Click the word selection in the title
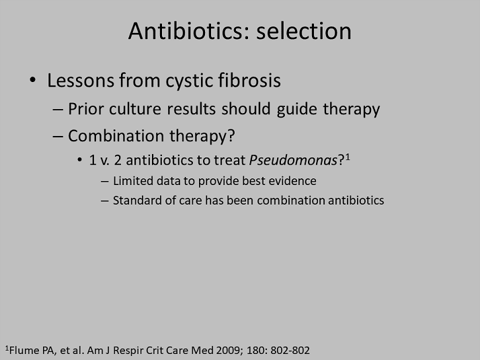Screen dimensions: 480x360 click(x=304, y=31)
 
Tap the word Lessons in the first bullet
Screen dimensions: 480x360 click(x=81, y=80)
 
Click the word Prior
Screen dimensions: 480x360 click(x=85, y=109)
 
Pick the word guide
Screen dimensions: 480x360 click(x=296, y=110)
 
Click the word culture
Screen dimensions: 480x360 click(x=135, y=109)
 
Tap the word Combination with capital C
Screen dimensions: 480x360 click(x=116, y=135)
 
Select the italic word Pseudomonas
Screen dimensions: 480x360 click(x=293, y=160)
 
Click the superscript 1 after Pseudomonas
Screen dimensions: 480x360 click(x=348, y=157)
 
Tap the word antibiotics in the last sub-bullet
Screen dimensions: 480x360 click(x=356, y=201)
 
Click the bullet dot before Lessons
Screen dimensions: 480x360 click(x=32, y=81)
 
